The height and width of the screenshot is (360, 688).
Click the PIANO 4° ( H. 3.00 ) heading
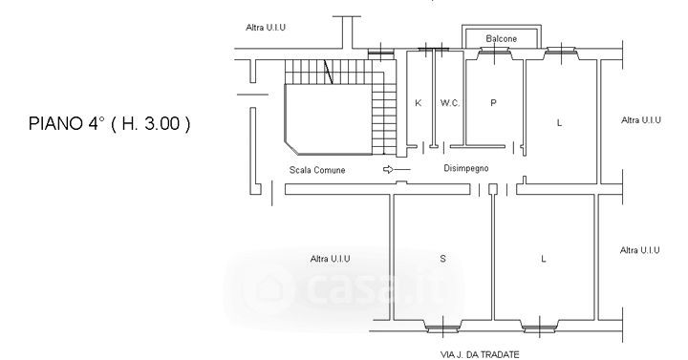pyautogui.click(x=109, y=123)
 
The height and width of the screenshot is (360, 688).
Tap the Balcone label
pyautogui.click(x=501, y=38)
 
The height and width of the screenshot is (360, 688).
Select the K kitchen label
pyautogui.click(x=419, y=103)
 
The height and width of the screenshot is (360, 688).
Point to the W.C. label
pyautogui.click(x=450, y=103)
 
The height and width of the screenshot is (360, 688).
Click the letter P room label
pyautogui.click(x=493, y=103)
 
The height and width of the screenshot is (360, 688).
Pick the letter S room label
pyautogui.click(x=442, y=259)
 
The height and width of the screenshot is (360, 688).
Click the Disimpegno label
pyautogui.click(x=466, y=168)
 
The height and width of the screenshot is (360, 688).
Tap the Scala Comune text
pyautogui.click(x=317, y=170)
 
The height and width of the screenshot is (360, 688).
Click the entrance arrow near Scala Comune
pyautogui.click(x=397, y=169)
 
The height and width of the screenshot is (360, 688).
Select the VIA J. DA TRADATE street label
pyautogui.click(x=480, y=354)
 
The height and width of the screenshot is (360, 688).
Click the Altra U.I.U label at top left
pyautogui.click(x=266, y=27)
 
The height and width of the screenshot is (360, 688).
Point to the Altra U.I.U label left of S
pyautogui.click(x=330, y=259)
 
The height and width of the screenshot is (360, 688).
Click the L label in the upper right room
pyautogui.click(x=559, y=123)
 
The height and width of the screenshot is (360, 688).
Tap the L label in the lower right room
pyautogui.click(x=543, y=259)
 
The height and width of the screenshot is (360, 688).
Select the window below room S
pyautogui.click(x=442, y=327)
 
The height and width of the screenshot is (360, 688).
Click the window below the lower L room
pyautogui.click(x=540, y=327)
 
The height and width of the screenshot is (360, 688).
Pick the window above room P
pyautogui.click(x=495, y=53)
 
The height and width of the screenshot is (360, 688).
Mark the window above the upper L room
pyautogui.click(x=561, y=53)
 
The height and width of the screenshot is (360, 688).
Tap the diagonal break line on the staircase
pyautogui.click(x=328, y=72)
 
